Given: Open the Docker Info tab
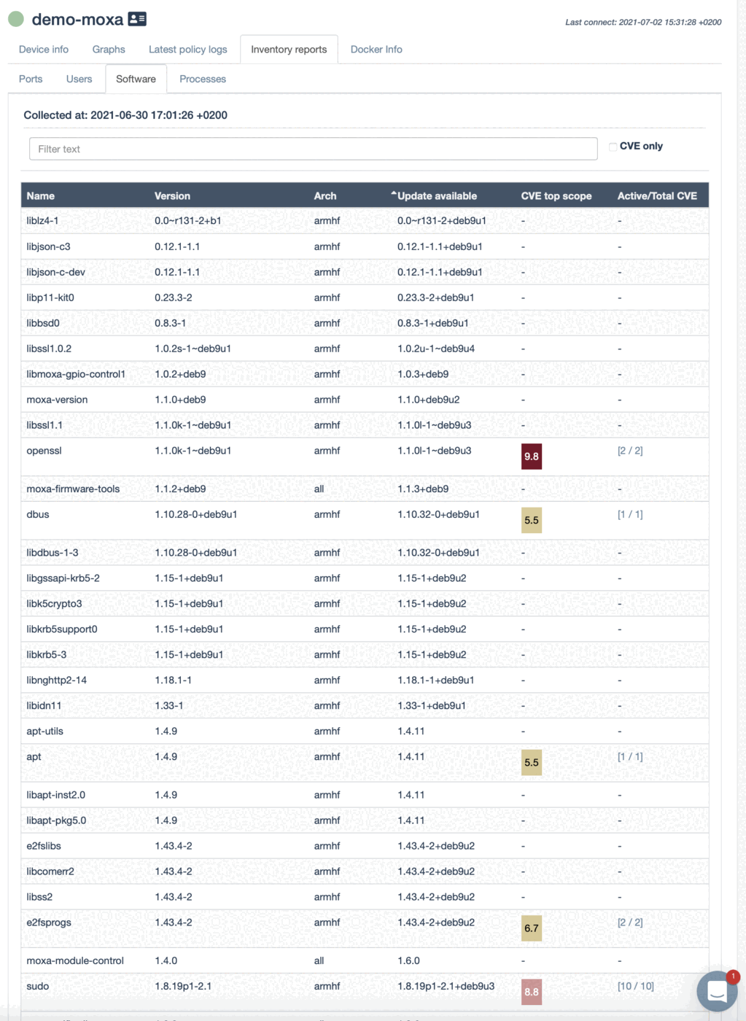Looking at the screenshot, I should click(x=376, y=50).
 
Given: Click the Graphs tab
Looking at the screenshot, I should click(x=109, y=50).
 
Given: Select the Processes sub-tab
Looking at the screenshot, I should click(x=203, y=79).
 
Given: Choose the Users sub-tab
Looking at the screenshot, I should click(x=79, y=79).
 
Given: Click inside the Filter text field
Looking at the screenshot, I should click(x=313, y=149).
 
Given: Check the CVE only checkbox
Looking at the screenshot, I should click(x=613, y=147).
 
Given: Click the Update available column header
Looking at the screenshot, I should click(x=436, y=195).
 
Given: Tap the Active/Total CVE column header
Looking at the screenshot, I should click(x=656, y=195).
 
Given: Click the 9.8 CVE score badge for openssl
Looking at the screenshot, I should click(x=531, y=457).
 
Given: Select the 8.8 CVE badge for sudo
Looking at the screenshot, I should click(x=531, y=992).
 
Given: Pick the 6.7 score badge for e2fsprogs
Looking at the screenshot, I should click(x=531, y=928).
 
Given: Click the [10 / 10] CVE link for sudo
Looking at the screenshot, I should click(x=635, y=986).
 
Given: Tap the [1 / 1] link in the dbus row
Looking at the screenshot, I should click(x=630, y=514).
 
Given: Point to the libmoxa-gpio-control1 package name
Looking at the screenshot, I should click(x=76, y=374).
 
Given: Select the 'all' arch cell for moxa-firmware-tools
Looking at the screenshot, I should click(x=319, y=489).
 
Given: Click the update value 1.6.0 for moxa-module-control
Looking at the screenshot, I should click(x=408, y=960).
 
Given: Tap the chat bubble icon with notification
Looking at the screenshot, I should click(x=717, y=991).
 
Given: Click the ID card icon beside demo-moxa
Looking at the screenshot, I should click(x=137, y=19).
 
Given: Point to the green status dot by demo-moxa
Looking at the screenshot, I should click(x=16, y=19).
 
